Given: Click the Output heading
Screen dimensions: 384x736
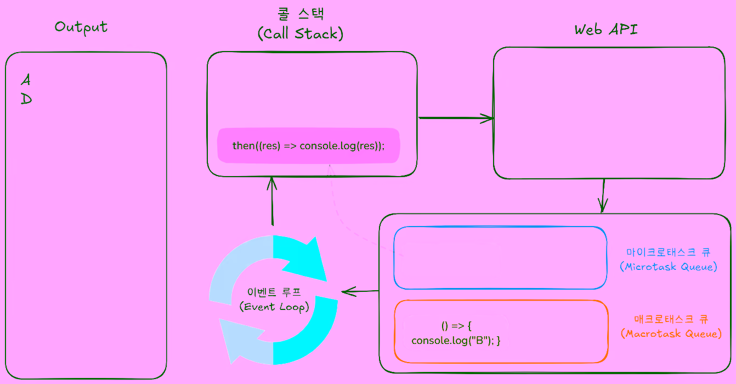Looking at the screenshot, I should tap(81, 27).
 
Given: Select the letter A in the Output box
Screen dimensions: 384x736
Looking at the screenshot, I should tap(26, 80).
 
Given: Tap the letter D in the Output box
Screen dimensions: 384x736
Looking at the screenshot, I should tap(26, 99).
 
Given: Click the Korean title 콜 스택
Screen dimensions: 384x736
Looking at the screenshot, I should tap(299, 14).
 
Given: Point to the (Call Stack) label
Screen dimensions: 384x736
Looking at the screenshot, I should tap(300, 33).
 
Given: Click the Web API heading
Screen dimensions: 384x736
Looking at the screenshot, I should tap(606, 29).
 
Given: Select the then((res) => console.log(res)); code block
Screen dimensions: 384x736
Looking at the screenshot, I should tap(308, 145).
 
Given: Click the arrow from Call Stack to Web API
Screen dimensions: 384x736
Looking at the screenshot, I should tap(455, 117).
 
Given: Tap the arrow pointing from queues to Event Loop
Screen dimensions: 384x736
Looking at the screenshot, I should tap(360, 291).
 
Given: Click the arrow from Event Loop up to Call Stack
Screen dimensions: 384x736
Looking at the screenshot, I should tap(271, 200).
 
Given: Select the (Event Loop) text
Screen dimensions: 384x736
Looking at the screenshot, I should tap(274, 307).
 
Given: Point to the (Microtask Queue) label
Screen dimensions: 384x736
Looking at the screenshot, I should tap(669, 267).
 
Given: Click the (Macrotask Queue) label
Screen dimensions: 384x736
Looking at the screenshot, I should tap(671, 333).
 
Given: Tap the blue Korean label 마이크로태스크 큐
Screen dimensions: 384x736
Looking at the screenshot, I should tap(669, 252).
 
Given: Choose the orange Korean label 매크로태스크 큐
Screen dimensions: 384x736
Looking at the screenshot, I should tap(671, 319).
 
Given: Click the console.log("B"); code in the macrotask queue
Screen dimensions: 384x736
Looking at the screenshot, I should tap(456, 341).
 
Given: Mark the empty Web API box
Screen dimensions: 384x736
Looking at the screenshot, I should tap(609, 112).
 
